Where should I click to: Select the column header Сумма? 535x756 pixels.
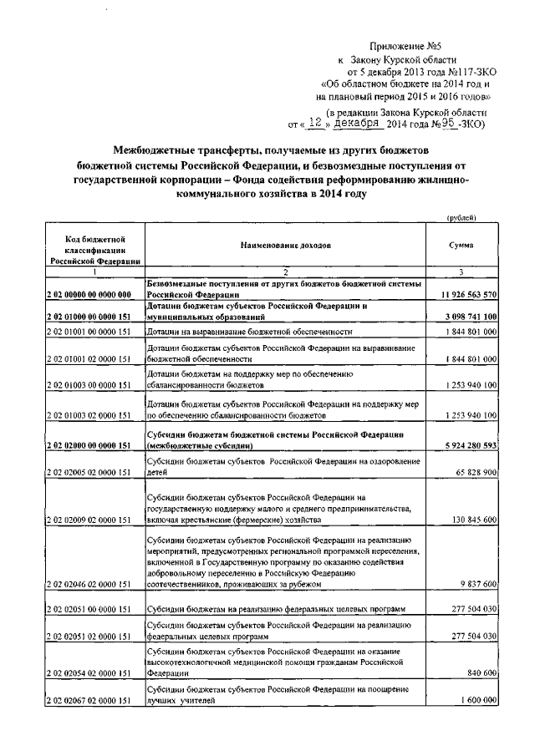point(461,246)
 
